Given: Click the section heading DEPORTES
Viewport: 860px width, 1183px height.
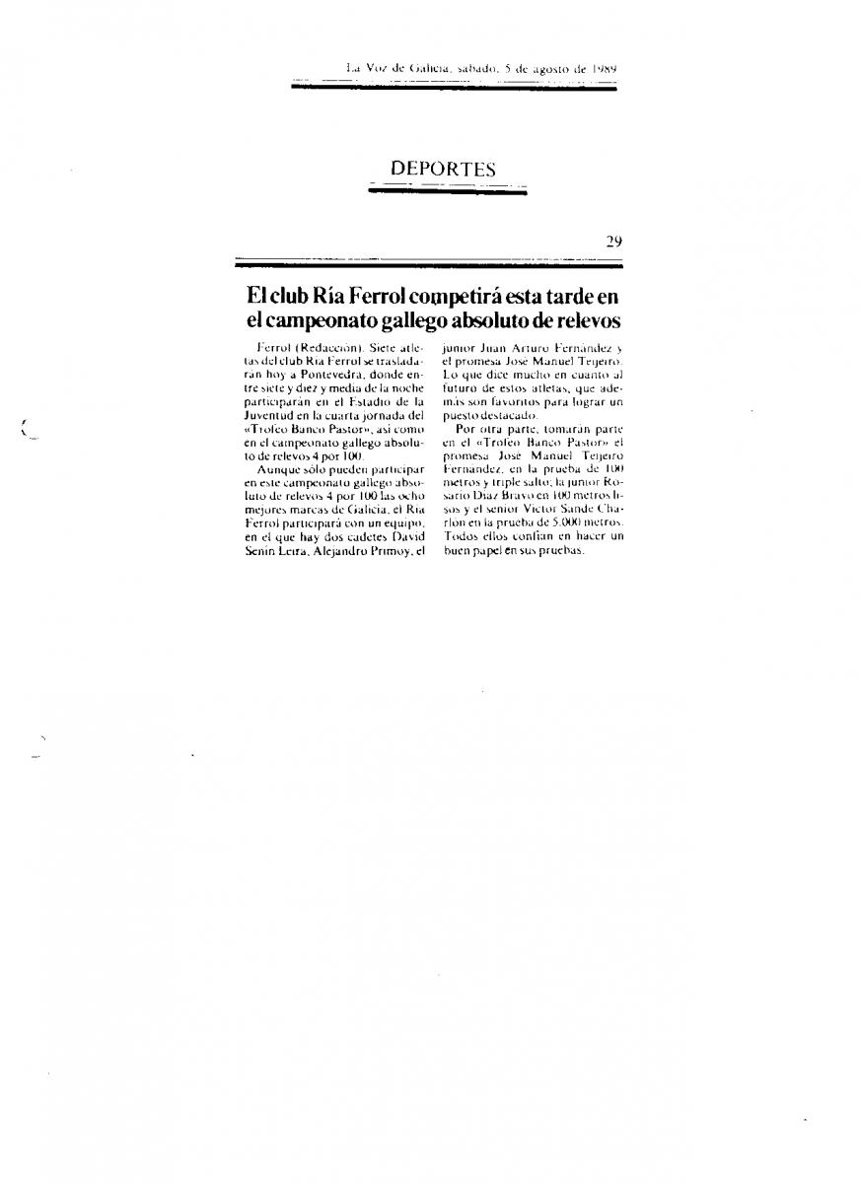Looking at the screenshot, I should click(x=443, y=170).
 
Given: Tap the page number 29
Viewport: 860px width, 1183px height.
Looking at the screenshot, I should click(x=613, y=243).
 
